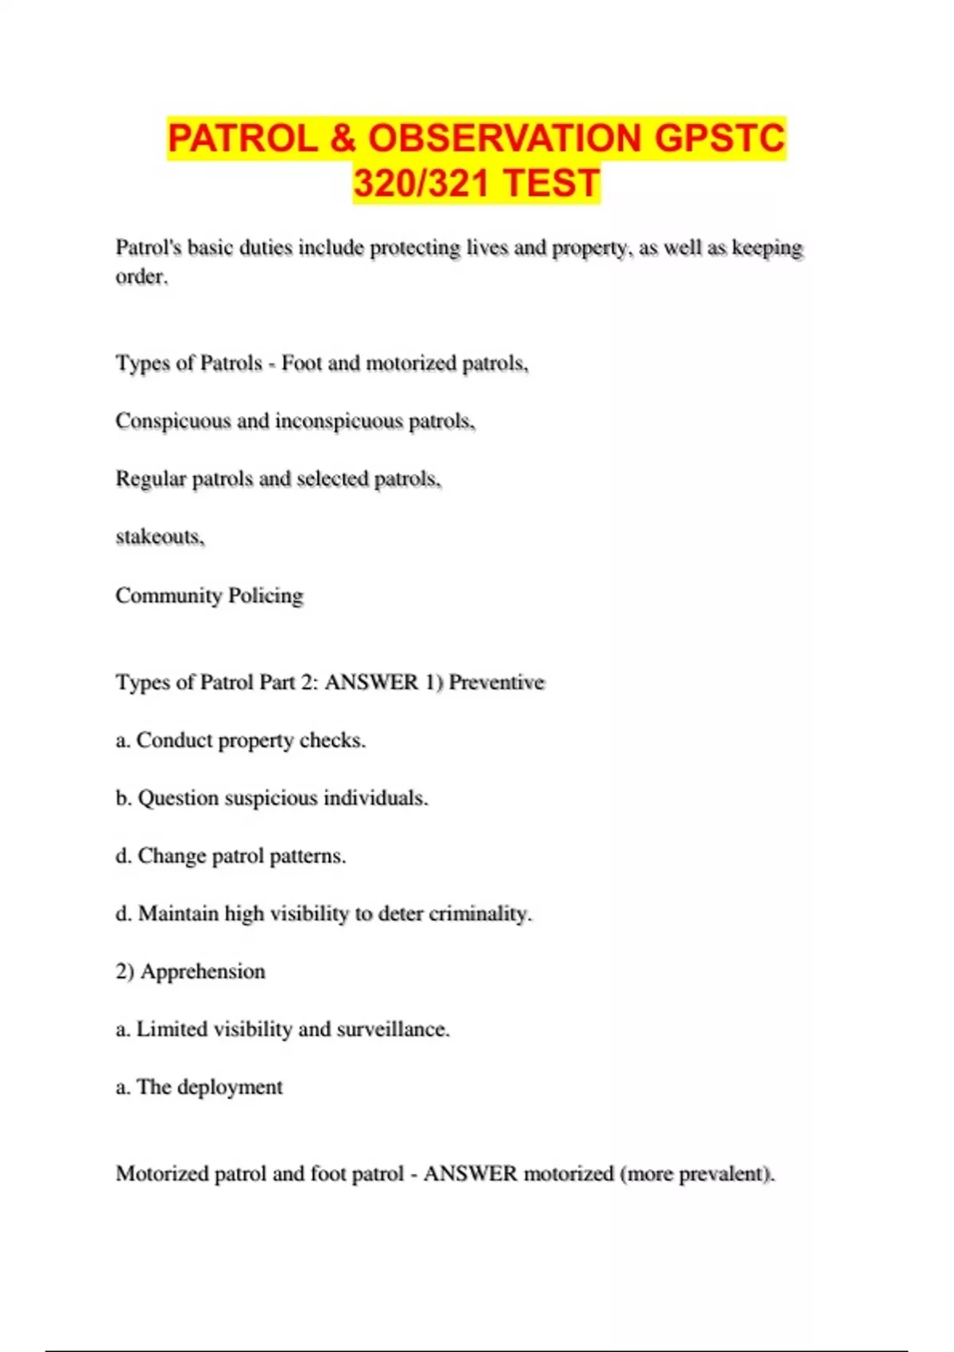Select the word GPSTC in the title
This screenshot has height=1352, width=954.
point(719,138)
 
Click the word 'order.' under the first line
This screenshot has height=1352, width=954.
point(142,277)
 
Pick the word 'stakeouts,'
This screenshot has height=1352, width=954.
point(160,537)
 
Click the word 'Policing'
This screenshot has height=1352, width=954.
point(266,596)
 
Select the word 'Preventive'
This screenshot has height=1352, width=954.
point(497,682)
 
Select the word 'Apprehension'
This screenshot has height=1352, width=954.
point(203,972)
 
